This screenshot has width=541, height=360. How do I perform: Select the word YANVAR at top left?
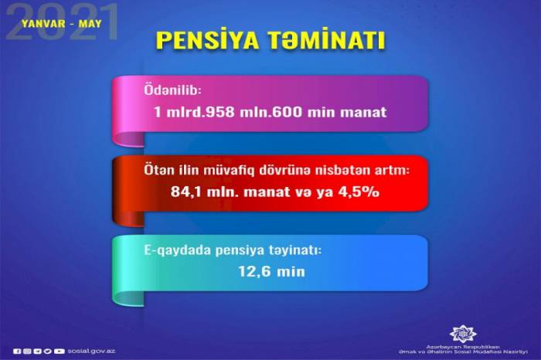click(x=43, y=24)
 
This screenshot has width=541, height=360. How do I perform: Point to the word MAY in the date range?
click(x=90, y=24)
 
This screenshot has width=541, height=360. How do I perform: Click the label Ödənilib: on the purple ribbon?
click(x=172, y=90)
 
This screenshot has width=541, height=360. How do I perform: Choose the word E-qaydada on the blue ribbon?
click(x=177, y=251)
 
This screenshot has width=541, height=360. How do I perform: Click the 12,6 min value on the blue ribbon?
click(x=272, y=272)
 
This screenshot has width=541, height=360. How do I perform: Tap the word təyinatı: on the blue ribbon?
click(x=295, y=251)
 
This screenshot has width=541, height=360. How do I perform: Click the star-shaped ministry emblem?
click(x=463, y=334)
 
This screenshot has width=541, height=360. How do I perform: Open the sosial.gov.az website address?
click(x=91, y=351)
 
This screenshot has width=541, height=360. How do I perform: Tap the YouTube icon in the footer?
click(x=60, y=352)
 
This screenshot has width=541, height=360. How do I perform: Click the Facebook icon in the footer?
click(x=17, y=352)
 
